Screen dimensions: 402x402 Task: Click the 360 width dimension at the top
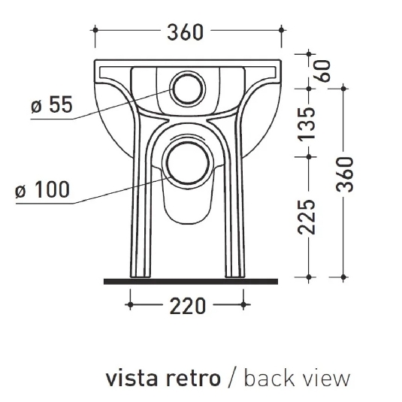(186, 32)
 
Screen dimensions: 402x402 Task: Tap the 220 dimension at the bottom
(186, 305)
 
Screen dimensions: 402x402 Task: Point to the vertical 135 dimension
(306, 123)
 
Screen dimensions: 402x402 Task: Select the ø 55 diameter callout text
(51, 106)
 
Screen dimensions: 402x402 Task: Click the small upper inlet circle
(185, 89)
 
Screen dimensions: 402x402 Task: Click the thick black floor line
(189, 280)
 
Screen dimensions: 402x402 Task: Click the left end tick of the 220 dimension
(131, 304)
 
